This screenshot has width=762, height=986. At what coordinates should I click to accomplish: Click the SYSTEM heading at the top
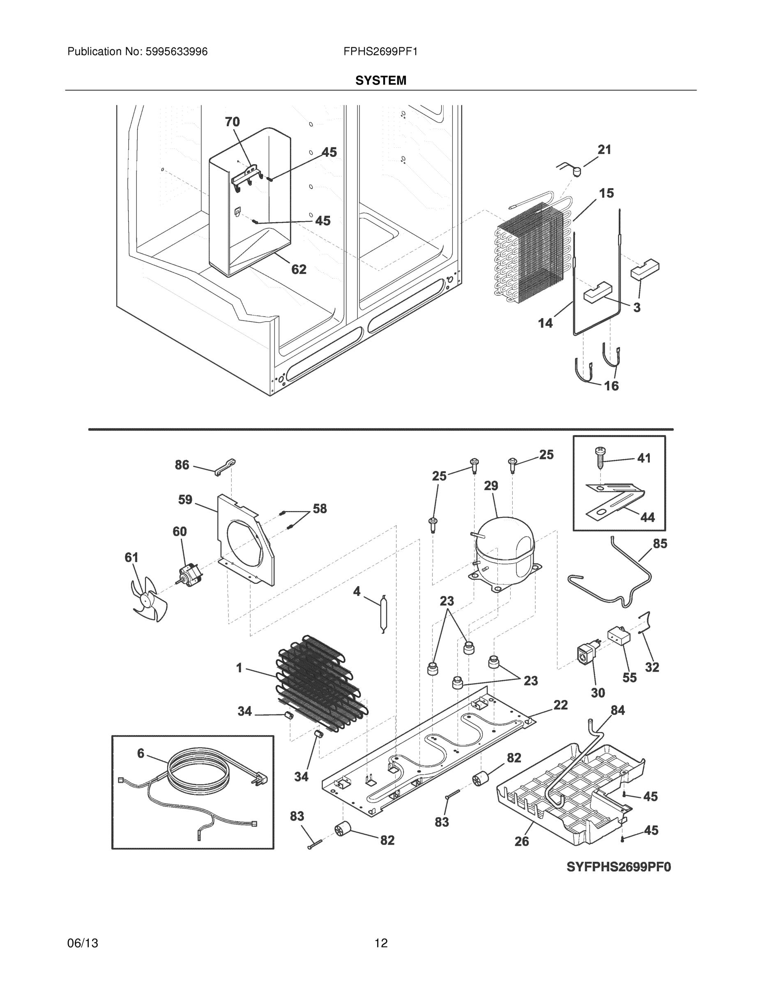tap(380, 81)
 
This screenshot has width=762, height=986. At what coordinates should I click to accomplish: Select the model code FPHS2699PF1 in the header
tap(380, 52)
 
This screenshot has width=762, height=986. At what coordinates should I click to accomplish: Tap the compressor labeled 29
tap(505, 554)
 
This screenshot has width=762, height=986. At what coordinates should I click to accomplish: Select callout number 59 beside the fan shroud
tap(185, 500)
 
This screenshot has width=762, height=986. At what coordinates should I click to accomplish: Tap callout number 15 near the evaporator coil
tap(606, 193)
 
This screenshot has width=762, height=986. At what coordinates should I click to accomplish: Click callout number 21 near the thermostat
tap(604, 150)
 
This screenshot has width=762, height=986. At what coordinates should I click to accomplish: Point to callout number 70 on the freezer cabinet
tap(232, 122)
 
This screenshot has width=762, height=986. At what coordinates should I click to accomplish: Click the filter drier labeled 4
tap(383, 614)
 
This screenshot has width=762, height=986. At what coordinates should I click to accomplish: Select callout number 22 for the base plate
tap(560, 705)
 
